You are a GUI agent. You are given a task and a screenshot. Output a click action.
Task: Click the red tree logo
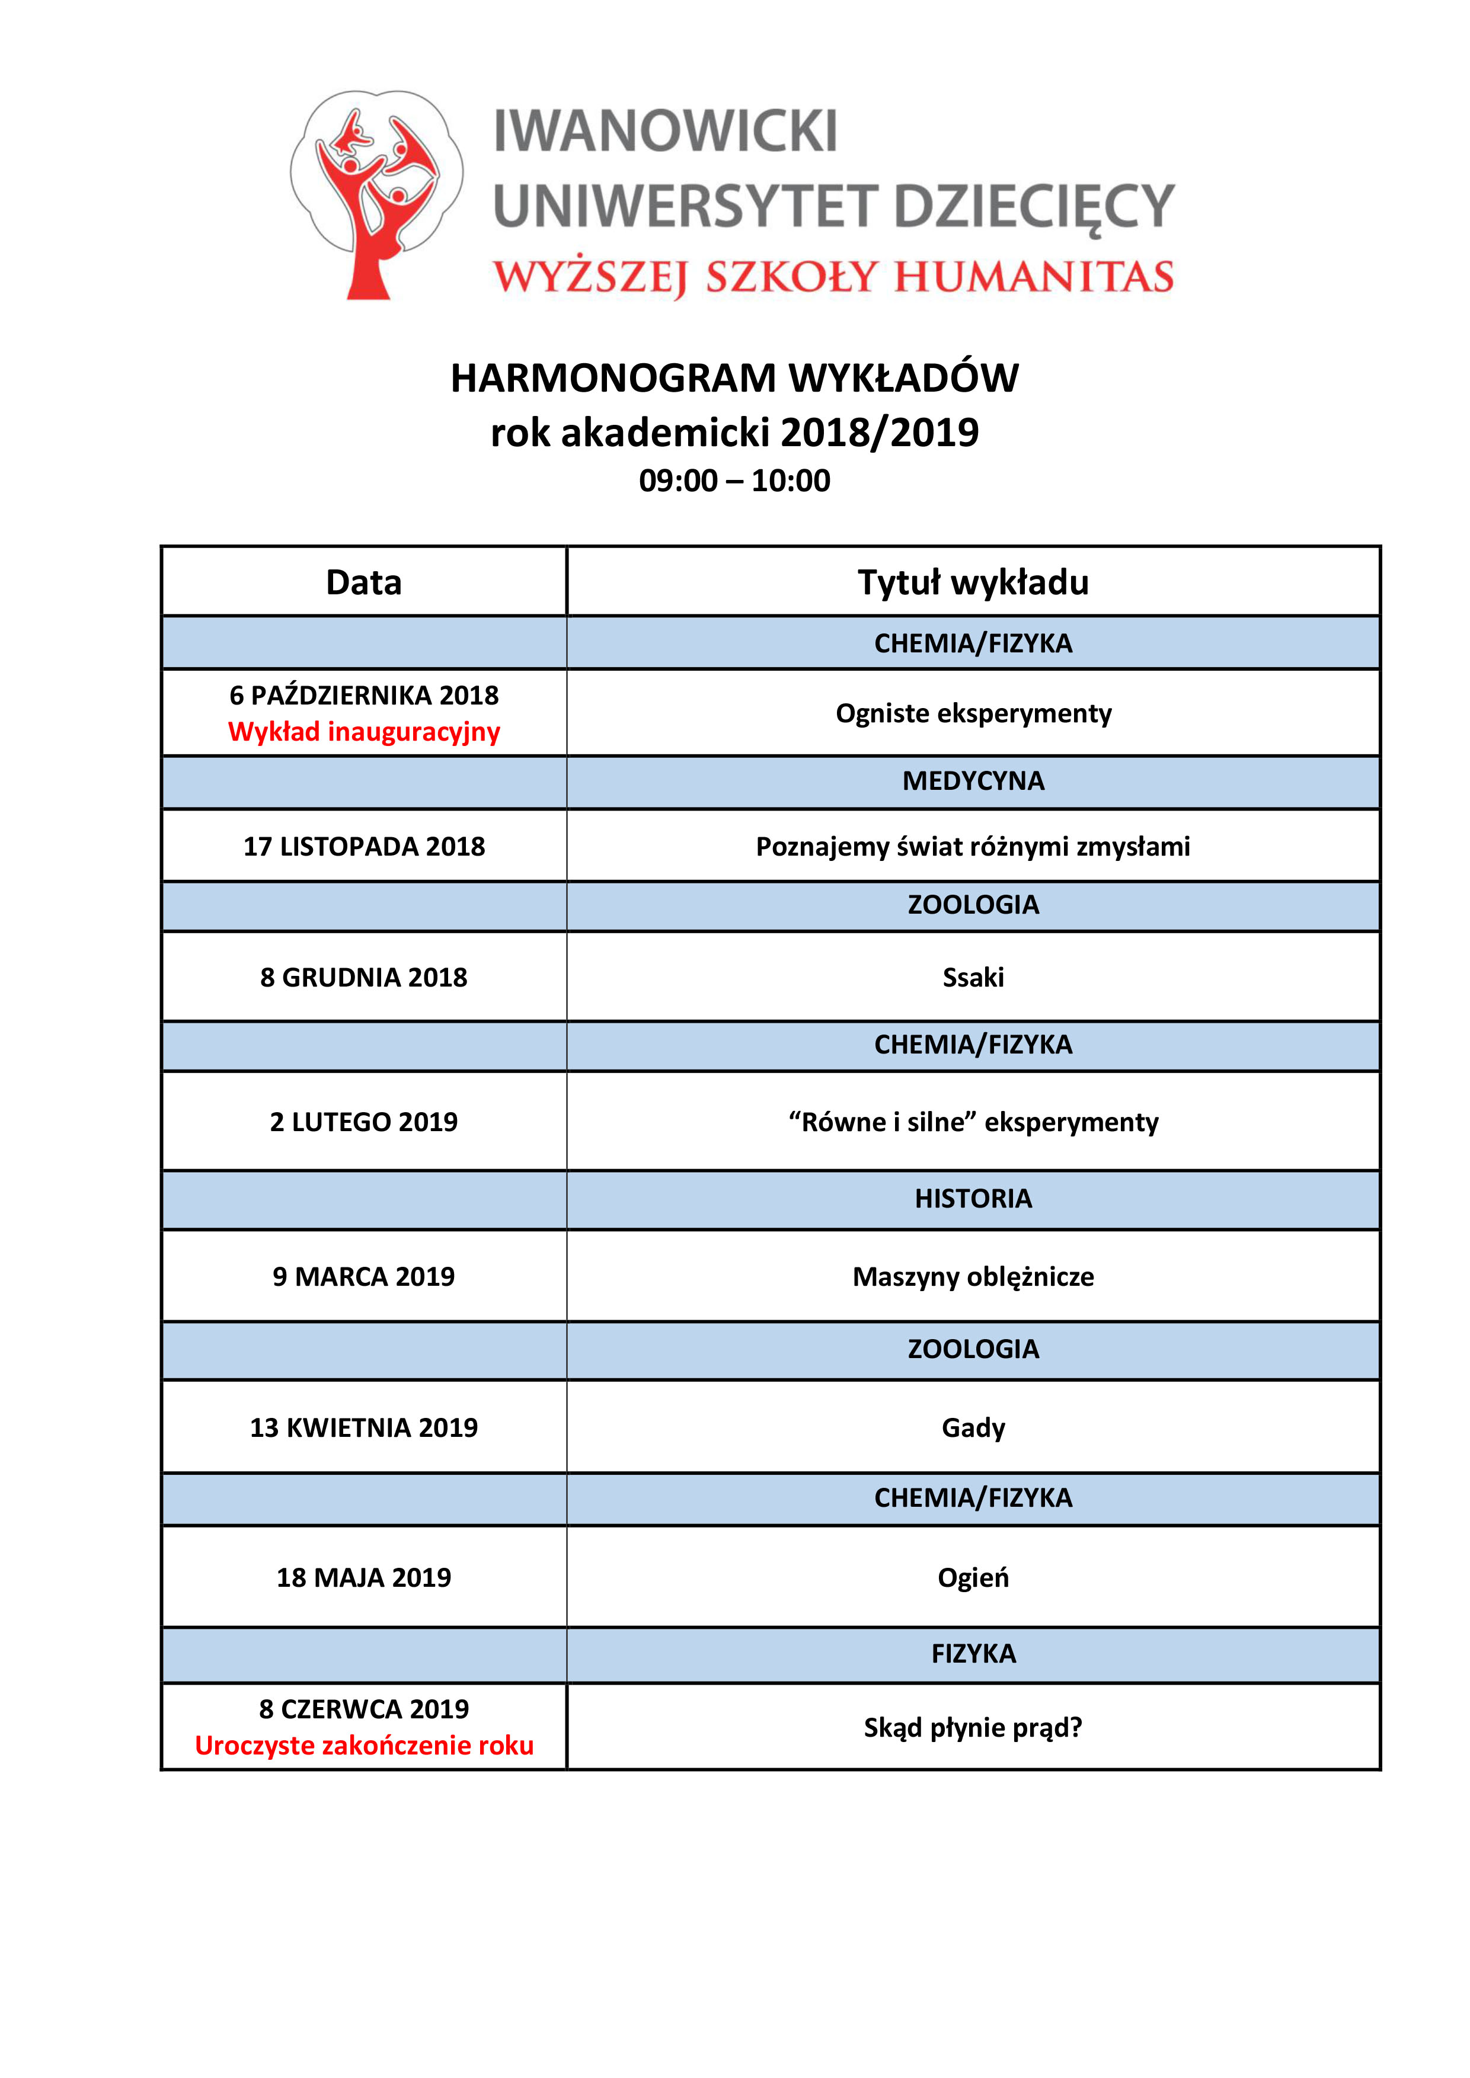[x=376, y=194]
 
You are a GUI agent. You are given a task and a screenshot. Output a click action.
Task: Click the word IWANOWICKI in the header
[x=665, y=132]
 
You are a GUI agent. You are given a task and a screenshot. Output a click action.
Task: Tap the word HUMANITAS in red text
[x=1034, y=277]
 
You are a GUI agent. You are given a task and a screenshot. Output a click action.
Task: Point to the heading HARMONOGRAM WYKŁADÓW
[x=734, y=378]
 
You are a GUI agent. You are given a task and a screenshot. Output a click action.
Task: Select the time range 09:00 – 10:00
[x=734, y=481]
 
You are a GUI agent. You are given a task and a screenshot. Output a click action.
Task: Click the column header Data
[x=364, y=582]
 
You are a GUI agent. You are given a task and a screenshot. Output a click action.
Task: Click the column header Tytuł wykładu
[x=973, y=582]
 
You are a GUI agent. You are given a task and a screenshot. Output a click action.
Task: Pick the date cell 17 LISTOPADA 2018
[x=364, y=846]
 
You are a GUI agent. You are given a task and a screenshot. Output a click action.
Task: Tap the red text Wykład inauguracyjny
[x=364, y=731]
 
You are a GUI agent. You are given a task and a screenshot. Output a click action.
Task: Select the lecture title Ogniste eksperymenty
[x=973, y=713]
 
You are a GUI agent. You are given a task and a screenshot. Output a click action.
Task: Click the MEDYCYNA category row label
[x=973, y=781]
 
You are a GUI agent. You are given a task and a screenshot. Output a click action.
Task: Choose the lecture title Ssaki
[x=973, y=978]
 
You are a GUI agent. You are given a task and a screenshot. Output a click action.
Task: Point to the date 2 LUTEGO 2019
[x=364, y=1122]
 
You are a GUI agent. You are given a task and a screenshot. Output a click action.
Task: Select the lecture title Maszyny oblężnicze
[x=973, y=1277]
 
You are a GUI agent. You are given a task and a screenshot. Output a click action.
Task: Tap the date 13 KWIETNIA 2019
[x=364, y=1427]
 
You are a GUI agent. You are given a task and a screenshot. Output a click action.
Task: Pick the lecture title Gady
[x=973, y=1428]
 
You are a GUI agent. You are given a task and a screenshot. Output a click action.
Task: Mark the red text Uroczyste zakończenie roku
[x=364, y=1745]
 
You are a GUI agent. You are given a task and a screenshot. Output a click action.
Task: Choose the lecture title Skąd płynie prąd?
[x=973, y=1728]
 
